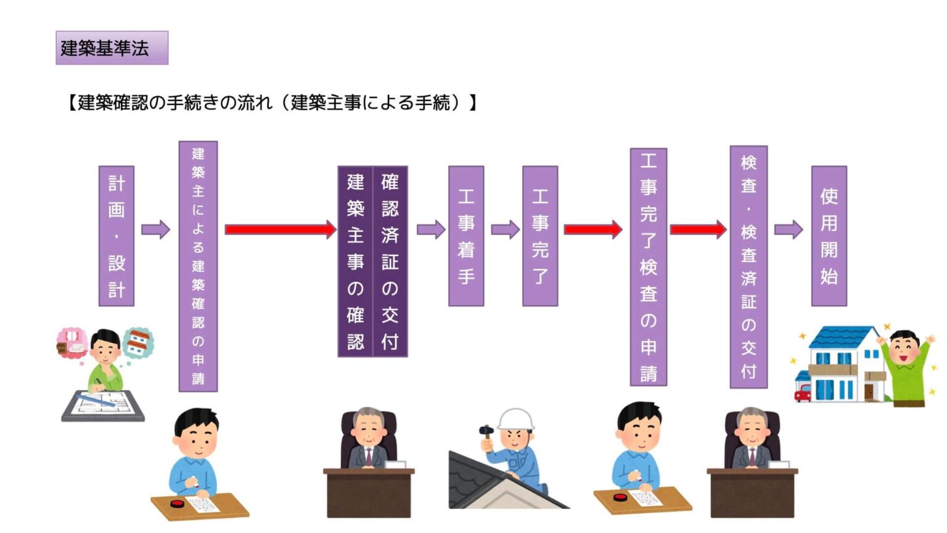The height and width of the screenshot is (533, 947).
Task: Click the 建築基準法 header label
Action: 112,48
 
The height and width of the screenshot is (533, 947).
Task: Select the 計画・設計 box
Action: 117,236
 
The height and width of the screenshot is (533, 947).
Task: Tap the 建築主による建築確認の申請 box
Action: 198,266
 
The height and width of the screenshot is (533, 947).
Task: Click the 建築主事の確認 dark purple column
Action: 355,261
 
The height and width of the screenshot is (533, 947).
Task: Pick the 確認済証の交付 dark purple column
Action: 390,261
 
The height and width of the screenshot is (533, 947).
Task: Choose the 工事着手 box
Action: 466,236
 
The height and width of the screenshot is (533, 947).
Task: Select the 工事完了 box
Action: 540,236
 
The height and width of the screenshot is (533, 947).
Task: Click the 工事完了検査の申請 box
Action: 648,266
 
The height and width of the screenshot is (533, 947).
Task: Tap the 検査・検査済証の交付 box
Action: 748,266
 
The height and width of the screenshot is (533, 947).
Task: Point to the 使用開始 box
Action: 829,236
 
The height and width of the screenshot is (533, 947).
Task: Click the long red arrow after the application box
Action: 280,230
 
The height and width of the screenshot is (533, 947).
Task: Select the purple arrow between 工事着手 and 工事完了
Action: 505,230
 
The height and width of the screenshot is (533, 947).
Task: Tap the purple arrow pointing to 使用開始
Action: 788,230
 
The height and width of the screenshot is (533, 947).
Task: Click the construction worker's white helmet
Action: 515,419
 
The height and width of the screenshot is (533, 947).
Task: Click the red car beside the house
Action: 803,392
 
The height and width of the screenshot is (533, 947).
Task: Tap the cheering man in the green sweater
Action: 906,368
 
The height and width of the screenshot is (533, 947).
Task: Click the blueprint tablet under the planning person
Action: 104,405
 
